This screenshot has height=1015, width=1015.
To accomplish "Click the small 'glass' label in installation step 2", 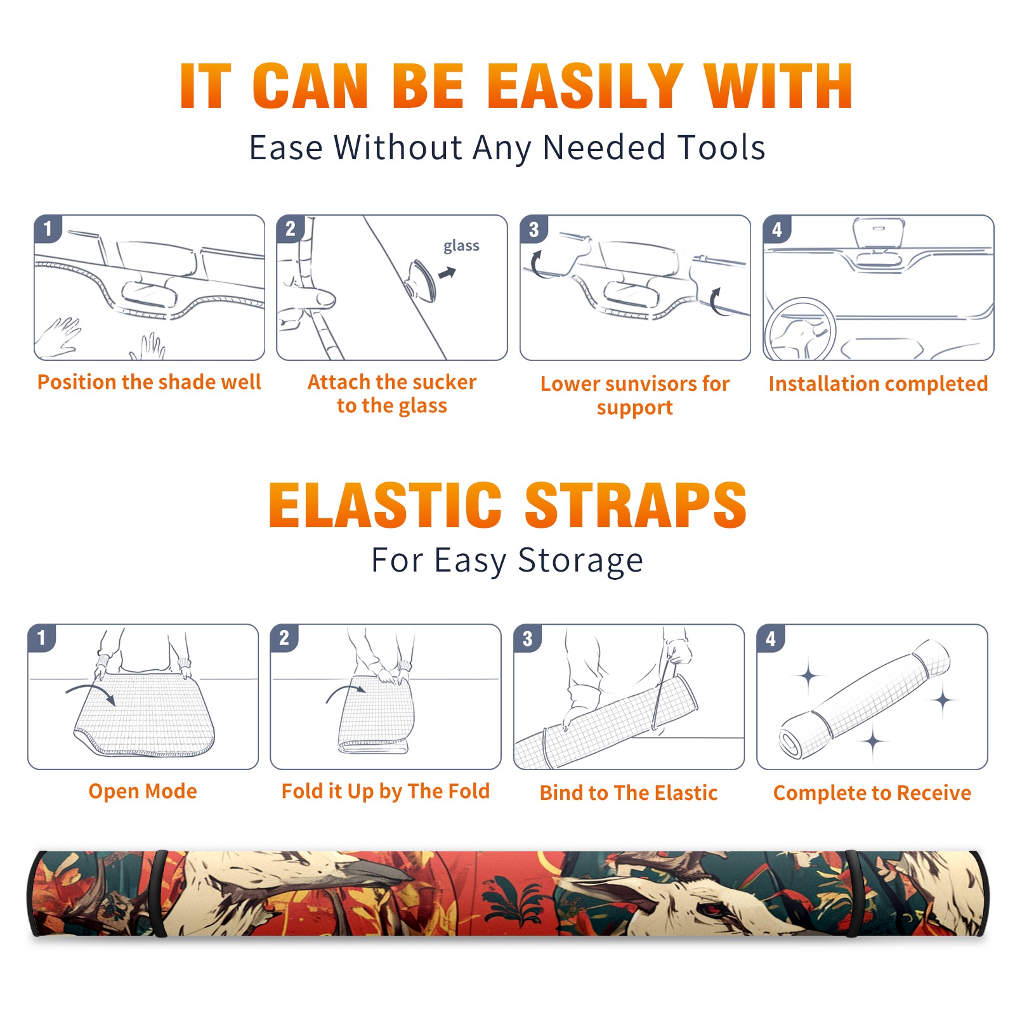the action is click(461, 246).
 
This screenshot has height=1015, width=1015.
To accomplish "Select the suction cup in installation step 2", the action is click(421, 280).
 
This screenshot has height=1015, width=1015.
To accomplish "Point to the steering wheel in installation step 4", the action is click(799, 329).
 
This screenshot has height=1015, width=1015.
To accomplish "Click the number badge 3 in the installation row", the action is click(534, 229).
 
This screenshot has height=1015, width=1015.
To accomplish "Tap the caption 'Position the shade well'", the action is click(149, 382).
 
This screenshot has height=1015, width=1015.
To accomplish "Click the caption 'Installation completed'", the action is click(878, 383).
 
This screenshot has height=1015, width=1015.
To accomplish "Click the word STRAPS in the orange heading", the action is click(636, 505).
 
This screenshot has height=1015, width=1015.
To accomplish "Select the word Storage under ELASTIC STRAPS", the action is click(580, 561).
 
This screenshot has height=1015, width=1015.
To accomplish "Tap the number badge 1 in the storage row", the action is click(42, 638).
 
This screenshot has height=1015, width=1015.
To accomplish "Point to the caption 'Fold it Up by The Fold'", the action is click(386, 791).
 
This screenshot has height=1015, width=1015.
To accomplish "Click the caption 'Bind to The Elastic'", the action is click(629, 792).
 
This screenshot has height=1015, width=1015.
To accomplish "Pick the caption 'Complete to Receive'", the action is click(872, 792).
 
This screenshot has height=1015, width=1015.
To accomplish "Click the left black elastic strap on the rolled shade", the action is click(159, 893).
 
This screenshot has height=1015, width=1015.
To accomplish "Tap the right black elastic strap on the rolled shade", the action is click(852, 893).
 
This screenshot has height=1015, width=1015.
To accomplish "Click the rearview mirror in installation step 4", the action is click(879, 232).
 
